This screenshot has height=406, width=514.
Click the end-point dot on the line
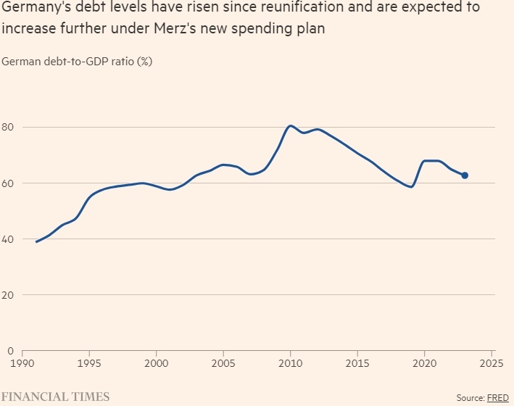[x=465, y=175]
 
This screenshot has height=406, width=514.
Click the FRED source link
[x=498, y=397]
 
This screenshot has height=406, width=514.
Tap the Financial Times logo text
[x=55, y=397]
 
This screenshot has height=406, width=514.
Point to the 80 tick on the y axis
[x=9, y=128]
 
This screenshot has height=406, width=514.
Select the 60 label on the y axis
[x=9, y=183]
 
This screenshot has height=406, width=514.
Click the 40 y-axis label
[x=9, y=239]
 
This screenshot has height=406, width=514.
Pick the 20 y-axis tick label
[x=9, y=295]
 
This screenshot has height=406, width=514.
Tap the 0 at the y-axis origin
[x=11, y=351]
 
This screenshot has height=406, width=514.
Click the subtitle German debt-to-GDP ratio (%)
[x=77, y=62]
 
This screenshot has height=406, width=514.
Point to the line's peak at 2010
[x=291, y=126]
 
